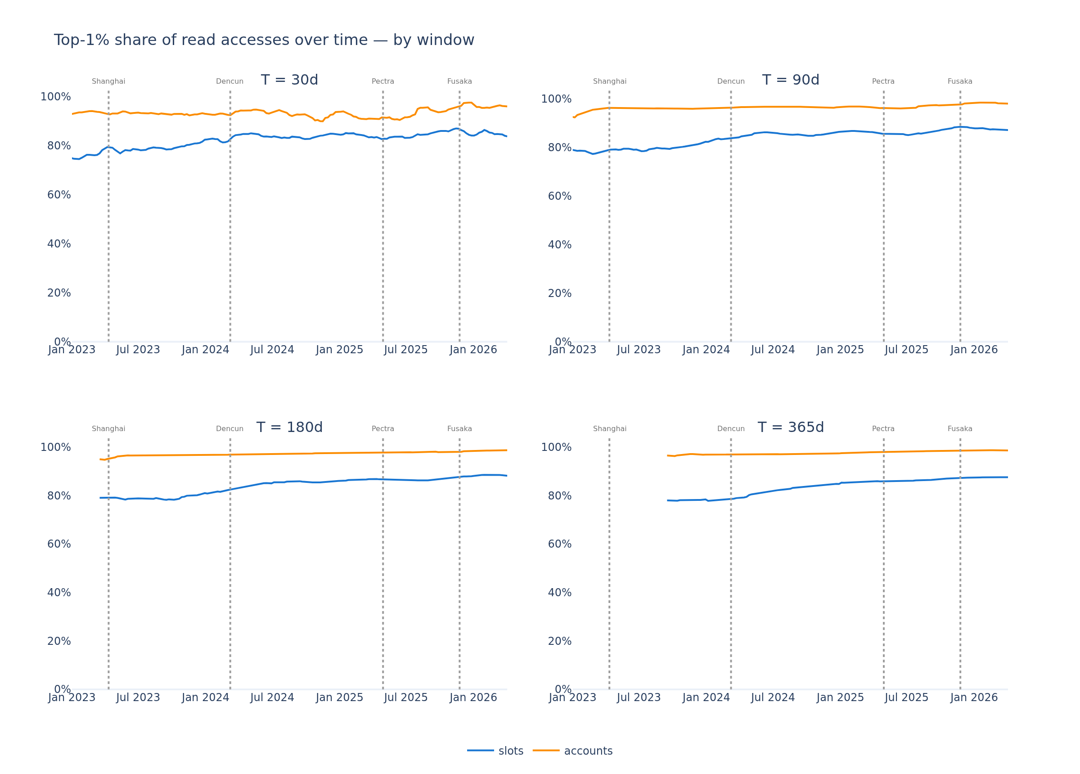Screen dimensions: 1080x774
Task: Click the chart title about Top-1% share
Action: (x=264, y=40)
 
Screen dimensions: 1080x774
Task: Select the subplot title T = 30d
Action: (x=289, y=80)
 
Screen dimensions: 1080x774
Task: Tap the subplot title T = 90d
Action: (x=791, y=80)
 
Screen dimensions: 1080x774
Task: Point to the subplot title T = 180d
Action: (x=289, y=427)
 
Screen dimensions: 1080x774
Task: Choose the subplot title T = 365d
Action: (x=791, y=427)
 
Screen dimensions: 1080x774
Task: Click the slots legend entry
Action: (x=495, y=751)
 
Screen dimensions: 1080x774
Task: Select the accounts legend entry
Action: (x=573, y=751)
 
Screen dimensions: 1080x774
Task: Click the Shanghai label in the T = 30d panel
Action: (x=108, y=81)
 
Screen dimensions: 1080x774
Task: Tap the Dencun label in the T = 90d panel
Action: (x=731, y=81)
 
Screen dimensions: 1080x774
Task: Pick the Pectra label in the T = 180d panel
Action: (x=383, y=429)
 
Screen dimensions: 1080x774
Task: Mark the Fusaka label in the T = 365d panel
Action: (x=960, y=429)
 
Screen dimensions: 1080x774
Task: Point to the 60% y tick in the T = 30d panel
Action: (x=59, y=195)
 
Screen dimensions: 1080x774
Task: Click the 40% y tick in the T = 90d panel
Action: (x=559, y=245)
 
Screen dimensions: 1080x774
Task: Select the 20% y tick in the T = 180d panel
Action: (x=59, y=641)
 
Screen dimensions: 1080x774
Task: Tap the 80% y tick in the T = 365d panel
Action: (x=559, y=496)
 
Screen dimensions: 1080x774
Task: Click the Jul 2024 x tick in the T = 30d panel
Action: (x=272, y=350)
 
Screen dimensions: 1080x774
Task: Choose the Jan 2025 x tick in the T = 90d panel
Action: (x=840, y=350)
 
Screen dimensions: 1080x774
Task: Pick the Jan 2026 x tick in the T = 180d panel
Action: (x=473, y=697)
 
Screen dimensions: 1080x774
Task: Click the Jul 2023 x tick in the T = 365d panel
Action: (x=639, y=697)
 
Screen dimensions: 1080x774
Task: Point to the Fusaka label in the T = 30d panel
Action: (x=459, y=81)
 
